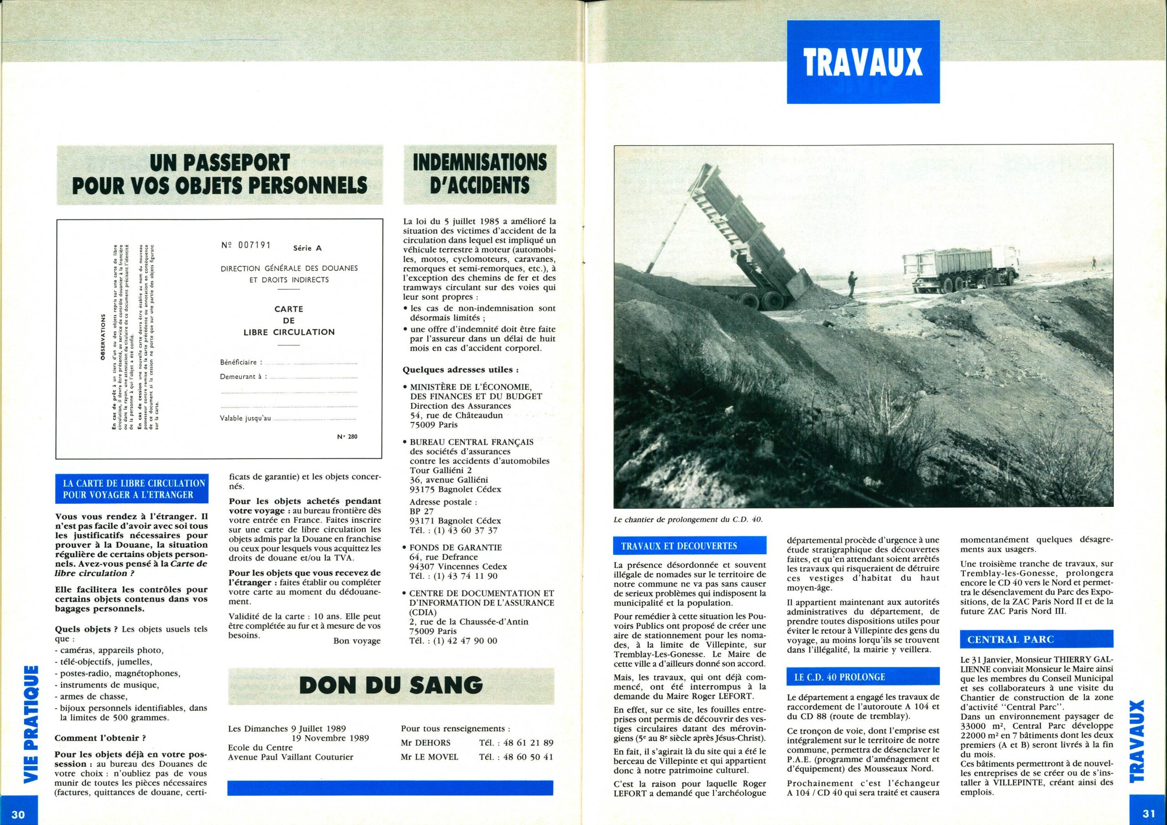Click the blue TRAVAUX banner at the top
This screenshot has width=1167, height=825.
(x=863, y=62)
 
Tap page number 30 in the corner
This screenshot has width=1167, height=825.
(x=18, y=814)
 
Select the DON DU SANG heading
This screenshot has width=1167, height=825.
(x=391, y=685)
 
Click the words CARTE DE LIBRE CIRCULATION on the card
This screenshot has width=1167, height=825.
(x=289, y=321)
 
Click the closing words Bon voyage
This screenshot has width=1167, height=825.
(x=356, y=641)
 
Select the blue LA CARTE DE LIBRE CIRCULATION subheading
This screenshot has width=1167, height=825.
(x=132, y=489)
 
